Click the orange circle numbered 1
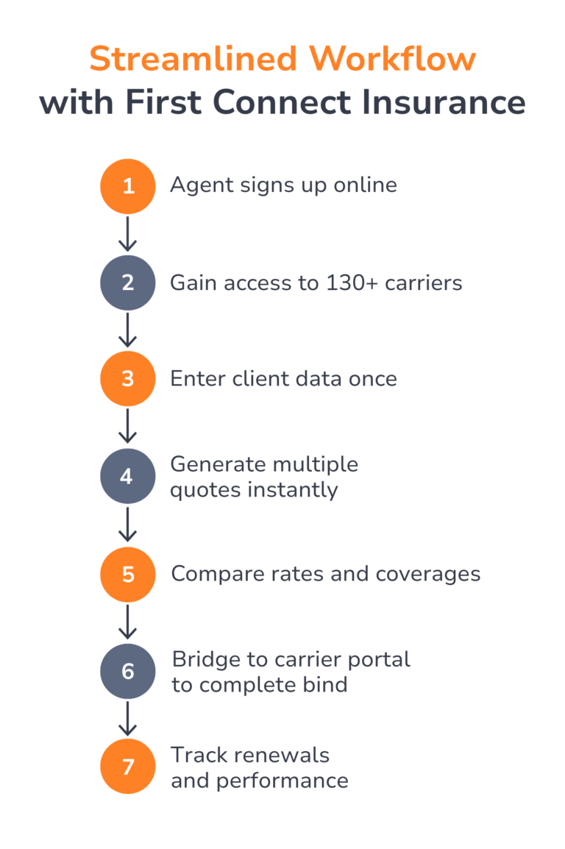tap(128, 186)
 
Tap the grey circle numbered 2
tap(128, 283)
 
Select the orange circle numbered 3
tap(128, 379)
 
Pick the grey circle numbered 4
tap(128, 477)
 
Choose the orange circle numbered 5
tap(128, 575)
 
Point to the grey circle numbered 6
tap(128, 672)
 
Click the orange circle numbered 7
tap(128, 767)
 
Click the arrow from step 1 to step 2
tap(128, 234)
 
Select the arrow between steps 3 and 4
tap(128, 426)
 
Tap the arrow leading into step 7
tap(128, 719)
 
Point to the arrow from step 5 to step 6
tap(128, 622)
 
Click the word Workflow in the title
tap(392, 58)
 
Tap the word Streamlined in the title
tap(193, 58)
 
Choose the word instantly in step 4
tap(293, 491)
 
